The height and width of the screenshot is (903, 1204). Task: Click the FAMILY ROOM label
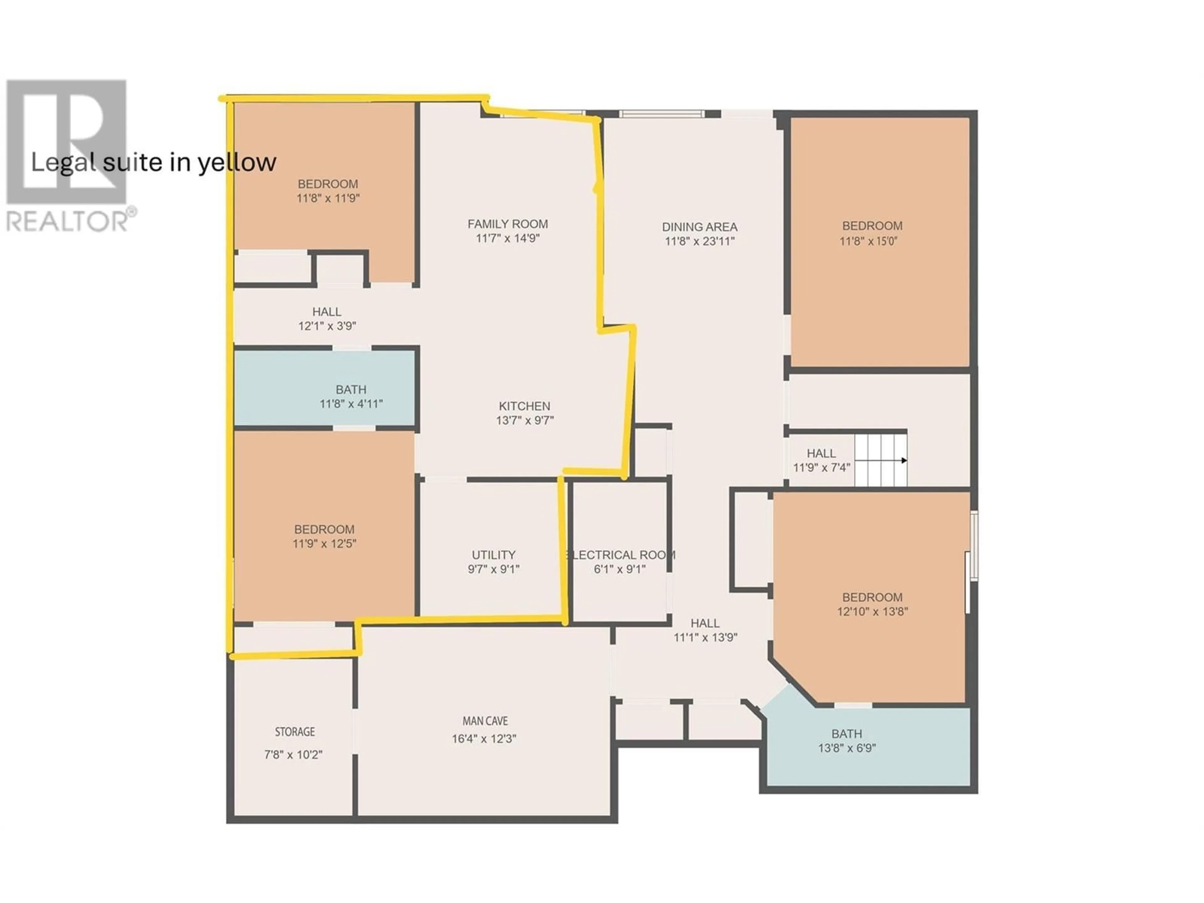[x=507, y=224]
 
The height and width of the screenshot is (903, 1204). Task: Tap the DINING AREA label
[x=700, y=227]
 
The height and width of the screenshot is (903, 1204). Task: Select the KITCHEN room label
[x=524, y=406]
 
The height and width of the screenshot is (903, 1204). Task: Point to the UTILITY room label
[x=493, y=555]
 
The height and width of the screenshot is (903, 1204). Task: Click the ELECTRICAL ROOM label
[x=620, y=555]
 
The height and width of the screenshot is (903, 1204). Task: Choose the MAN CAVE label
[x=485, y=721]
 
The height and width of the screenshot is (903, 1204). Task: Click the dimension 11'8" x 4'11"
[x=351, y=404]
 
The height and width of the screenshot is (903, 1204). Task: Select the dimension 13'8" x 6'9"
[x=847, y=748]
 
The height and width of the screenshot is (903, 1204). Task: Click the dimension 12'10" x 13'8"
[x=873, y=611]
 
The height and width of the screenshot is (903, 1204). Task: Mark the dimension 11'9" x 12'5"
[x=325, y=543]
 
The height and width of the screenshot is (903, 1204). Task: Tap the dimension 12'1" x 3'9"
[x=327, y=326]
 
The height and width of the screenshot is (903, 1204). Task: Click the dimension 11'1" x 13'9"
[x=705, y=637]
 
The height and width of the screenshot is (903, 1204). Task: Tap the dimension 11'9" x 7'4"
[x=821, y=467]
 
